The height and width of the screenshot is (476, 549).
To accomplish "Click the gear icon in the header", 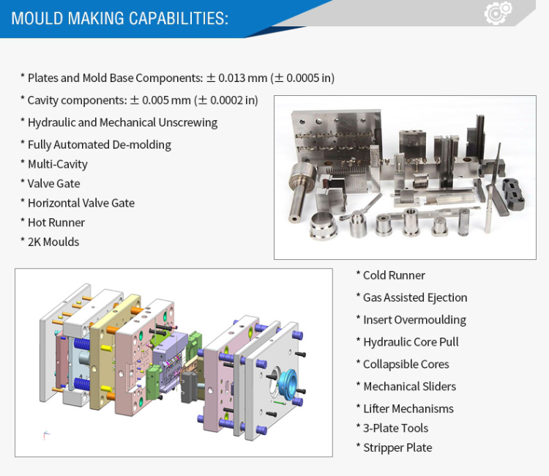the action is click(x=498, y=12).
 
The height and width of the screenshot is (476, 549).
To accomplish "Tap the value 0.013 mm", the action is click(x=242, y=78).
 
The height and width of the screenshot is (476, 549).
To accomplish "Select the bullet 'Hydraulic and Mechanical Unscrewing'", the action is click(x=119, y=122).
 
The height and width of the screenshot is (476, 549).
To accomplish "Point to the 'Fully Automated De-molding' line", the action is click(x=96, y=145).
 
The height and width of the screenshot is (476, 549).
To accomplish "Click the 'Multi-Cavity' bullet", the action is click(x=54, y=164).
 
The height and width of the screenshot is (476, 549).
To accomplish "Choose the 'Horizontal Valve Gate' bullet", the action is click(x=78, y=203).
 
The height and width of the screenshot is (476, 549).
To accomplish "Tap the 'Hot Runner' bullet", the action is click(x=53, y=223).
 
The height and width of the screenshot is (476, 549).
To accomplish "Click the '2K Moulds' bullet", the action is click(x=50, y=242).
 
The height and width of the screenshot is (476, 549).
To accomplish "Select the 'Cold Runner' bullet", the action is click(x=390, y=275).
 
